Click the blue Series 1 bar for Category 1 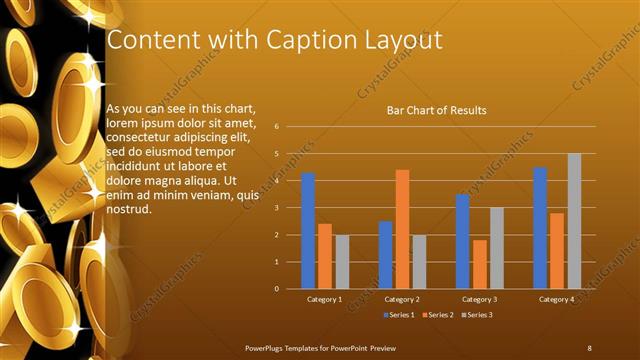[x=308, y=231]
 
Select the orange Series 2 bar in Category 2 [x=402, y=229]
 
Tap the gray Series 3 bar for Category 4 [x=574, y=221]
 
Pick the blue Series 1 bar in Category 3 [x=462, y=241]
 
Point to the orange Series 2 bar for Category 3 [x=480, y=264]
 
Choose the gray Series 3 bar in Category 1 [x=342, y=262]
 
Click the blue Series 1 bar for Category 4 [x=540, y=228]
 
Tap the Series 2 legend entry [x=438, y=314]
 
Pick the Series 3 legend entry [x=476, y=314]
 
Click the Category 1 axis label [x=324, y=299]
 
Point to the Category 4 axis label [x=557, y=299]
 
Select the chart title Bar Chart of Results [x=436, y=110]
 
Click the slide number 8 [x=589, y=346]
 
